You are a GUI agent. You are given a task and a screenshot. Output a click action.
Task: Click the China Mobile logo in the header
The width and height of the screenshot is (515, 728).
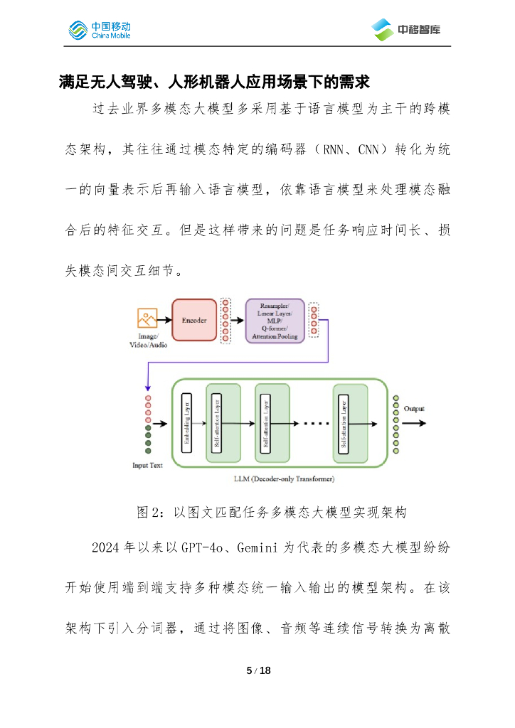(x=99, y=30)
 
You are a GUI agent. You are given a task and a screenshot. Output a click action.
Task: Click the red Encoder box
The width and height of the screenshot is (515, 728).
(x=194, y=320)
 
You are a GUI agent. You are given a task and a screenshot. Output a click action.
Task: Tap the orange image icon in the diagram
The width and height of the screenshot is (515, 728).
(x=147, y=318)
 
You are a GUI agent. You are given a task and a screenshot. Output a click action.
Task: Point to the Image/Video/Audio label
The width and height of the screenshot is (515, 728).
(x=147, y=341)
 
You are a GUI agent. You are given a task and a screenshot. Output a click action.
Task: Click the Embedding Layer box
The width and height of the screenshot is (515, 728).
(x=188, y=423)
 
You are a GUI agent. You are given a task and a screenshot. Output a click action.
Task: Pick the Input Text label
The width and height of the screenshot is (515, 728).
(x=147, y=466)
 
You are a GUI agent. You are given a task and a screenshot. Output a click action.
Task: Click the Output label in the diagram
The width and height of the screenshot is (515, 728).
(x=415, y=409)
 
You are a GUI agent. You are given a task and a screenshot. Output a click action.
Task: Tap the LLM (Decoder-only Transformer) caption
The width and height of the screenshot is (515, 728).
(x=284, y=479)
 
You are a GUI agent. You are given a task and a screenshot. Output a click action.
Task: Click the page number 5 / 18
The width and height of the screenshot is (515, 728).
(x=257, y=670)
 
